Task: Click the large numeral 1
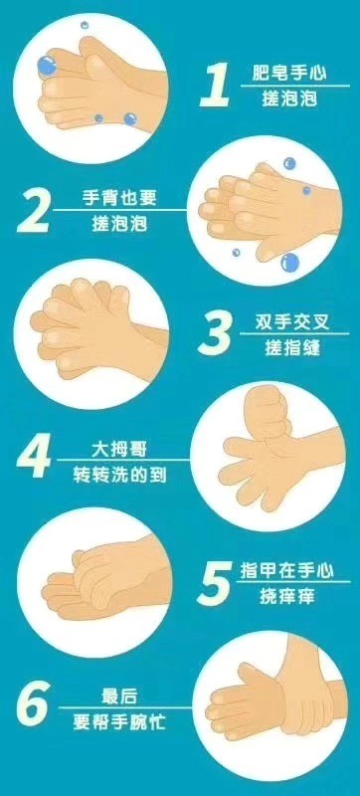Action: tap(216, 86)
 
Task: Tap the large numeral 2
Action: tap(34, 212)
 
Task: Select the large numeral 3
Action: tap(216, 334)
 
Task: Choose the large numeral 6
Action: tap(34, 704)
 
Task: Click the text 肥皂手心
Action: tap(289, 74)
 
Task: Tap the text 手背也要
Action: tap(119, 197)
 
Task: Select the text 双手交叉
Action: tap(292, 322)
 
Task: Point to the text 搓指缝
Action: tap(292, 347)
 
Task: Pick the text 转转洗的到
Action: tap(119, 475)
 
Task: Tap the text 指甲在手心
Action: tap(287, 571)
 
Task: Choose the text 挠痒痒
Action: tap(286, 597)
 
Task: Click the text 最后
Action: tap(119, 696)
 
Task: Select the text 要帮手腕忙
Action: tap(119, 721)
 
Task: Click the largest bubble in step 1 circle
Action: tap(46, 66)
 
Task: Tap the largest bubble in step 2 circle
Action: tap(290, 262)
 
